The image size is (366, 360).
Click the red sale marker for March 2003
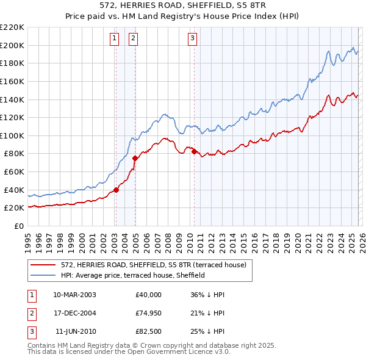tap(116, 190)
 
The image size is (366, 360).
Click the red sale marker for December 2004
tap(135, 158)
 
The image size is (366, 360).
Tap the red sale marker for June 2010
tap(194, 151)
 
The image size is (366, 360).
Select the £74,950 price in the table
tap(149, 314)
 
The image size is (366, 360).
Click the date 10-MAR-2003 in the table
tap(74, 295)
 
